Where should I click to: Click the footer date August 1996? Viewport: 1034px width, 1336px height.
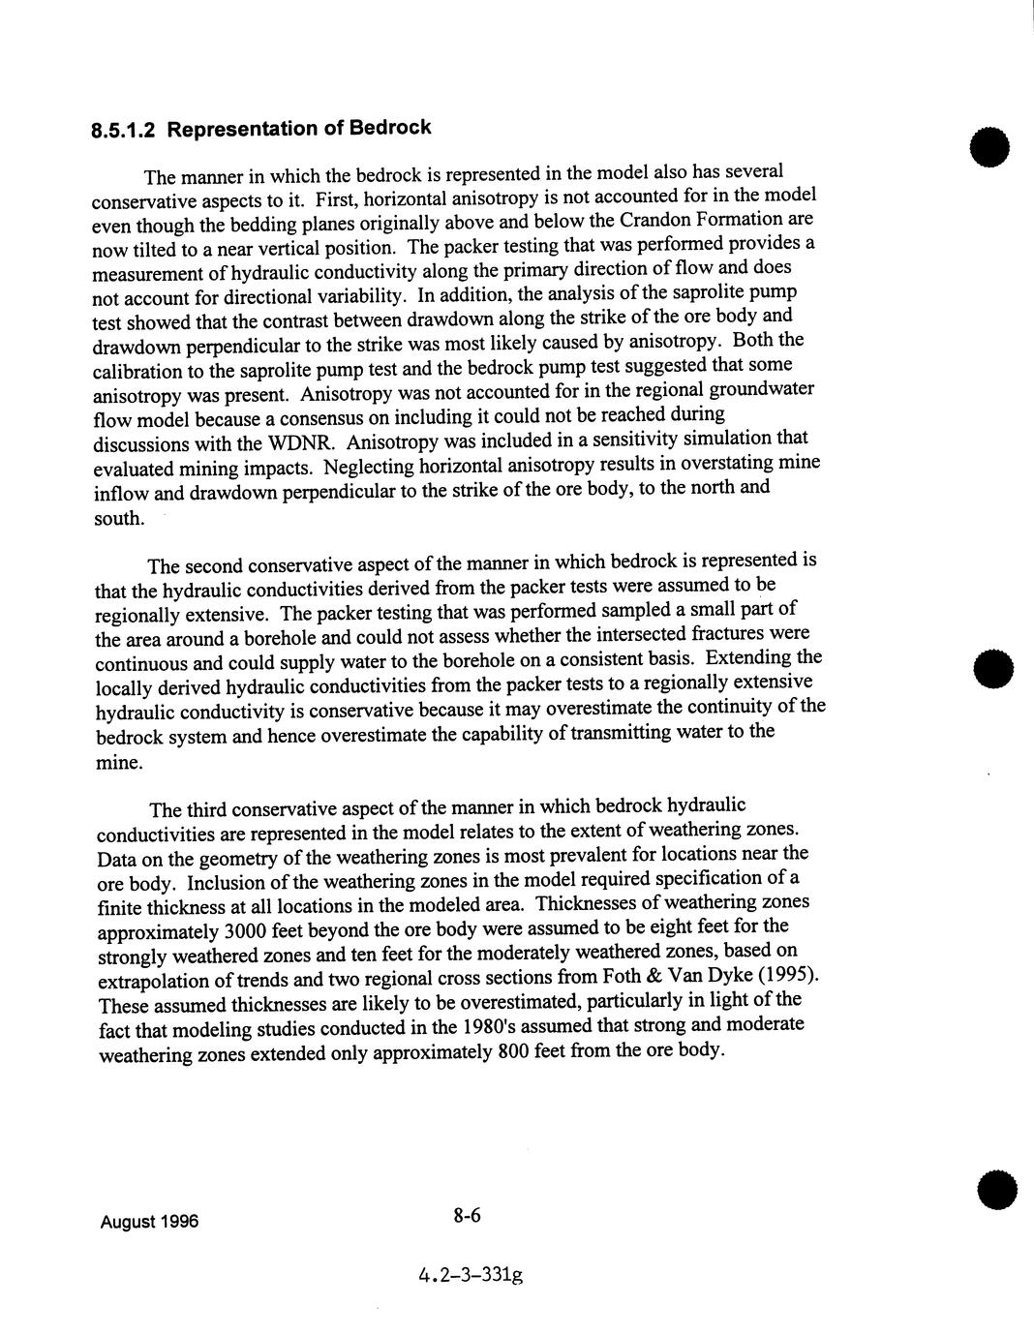149,1222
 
